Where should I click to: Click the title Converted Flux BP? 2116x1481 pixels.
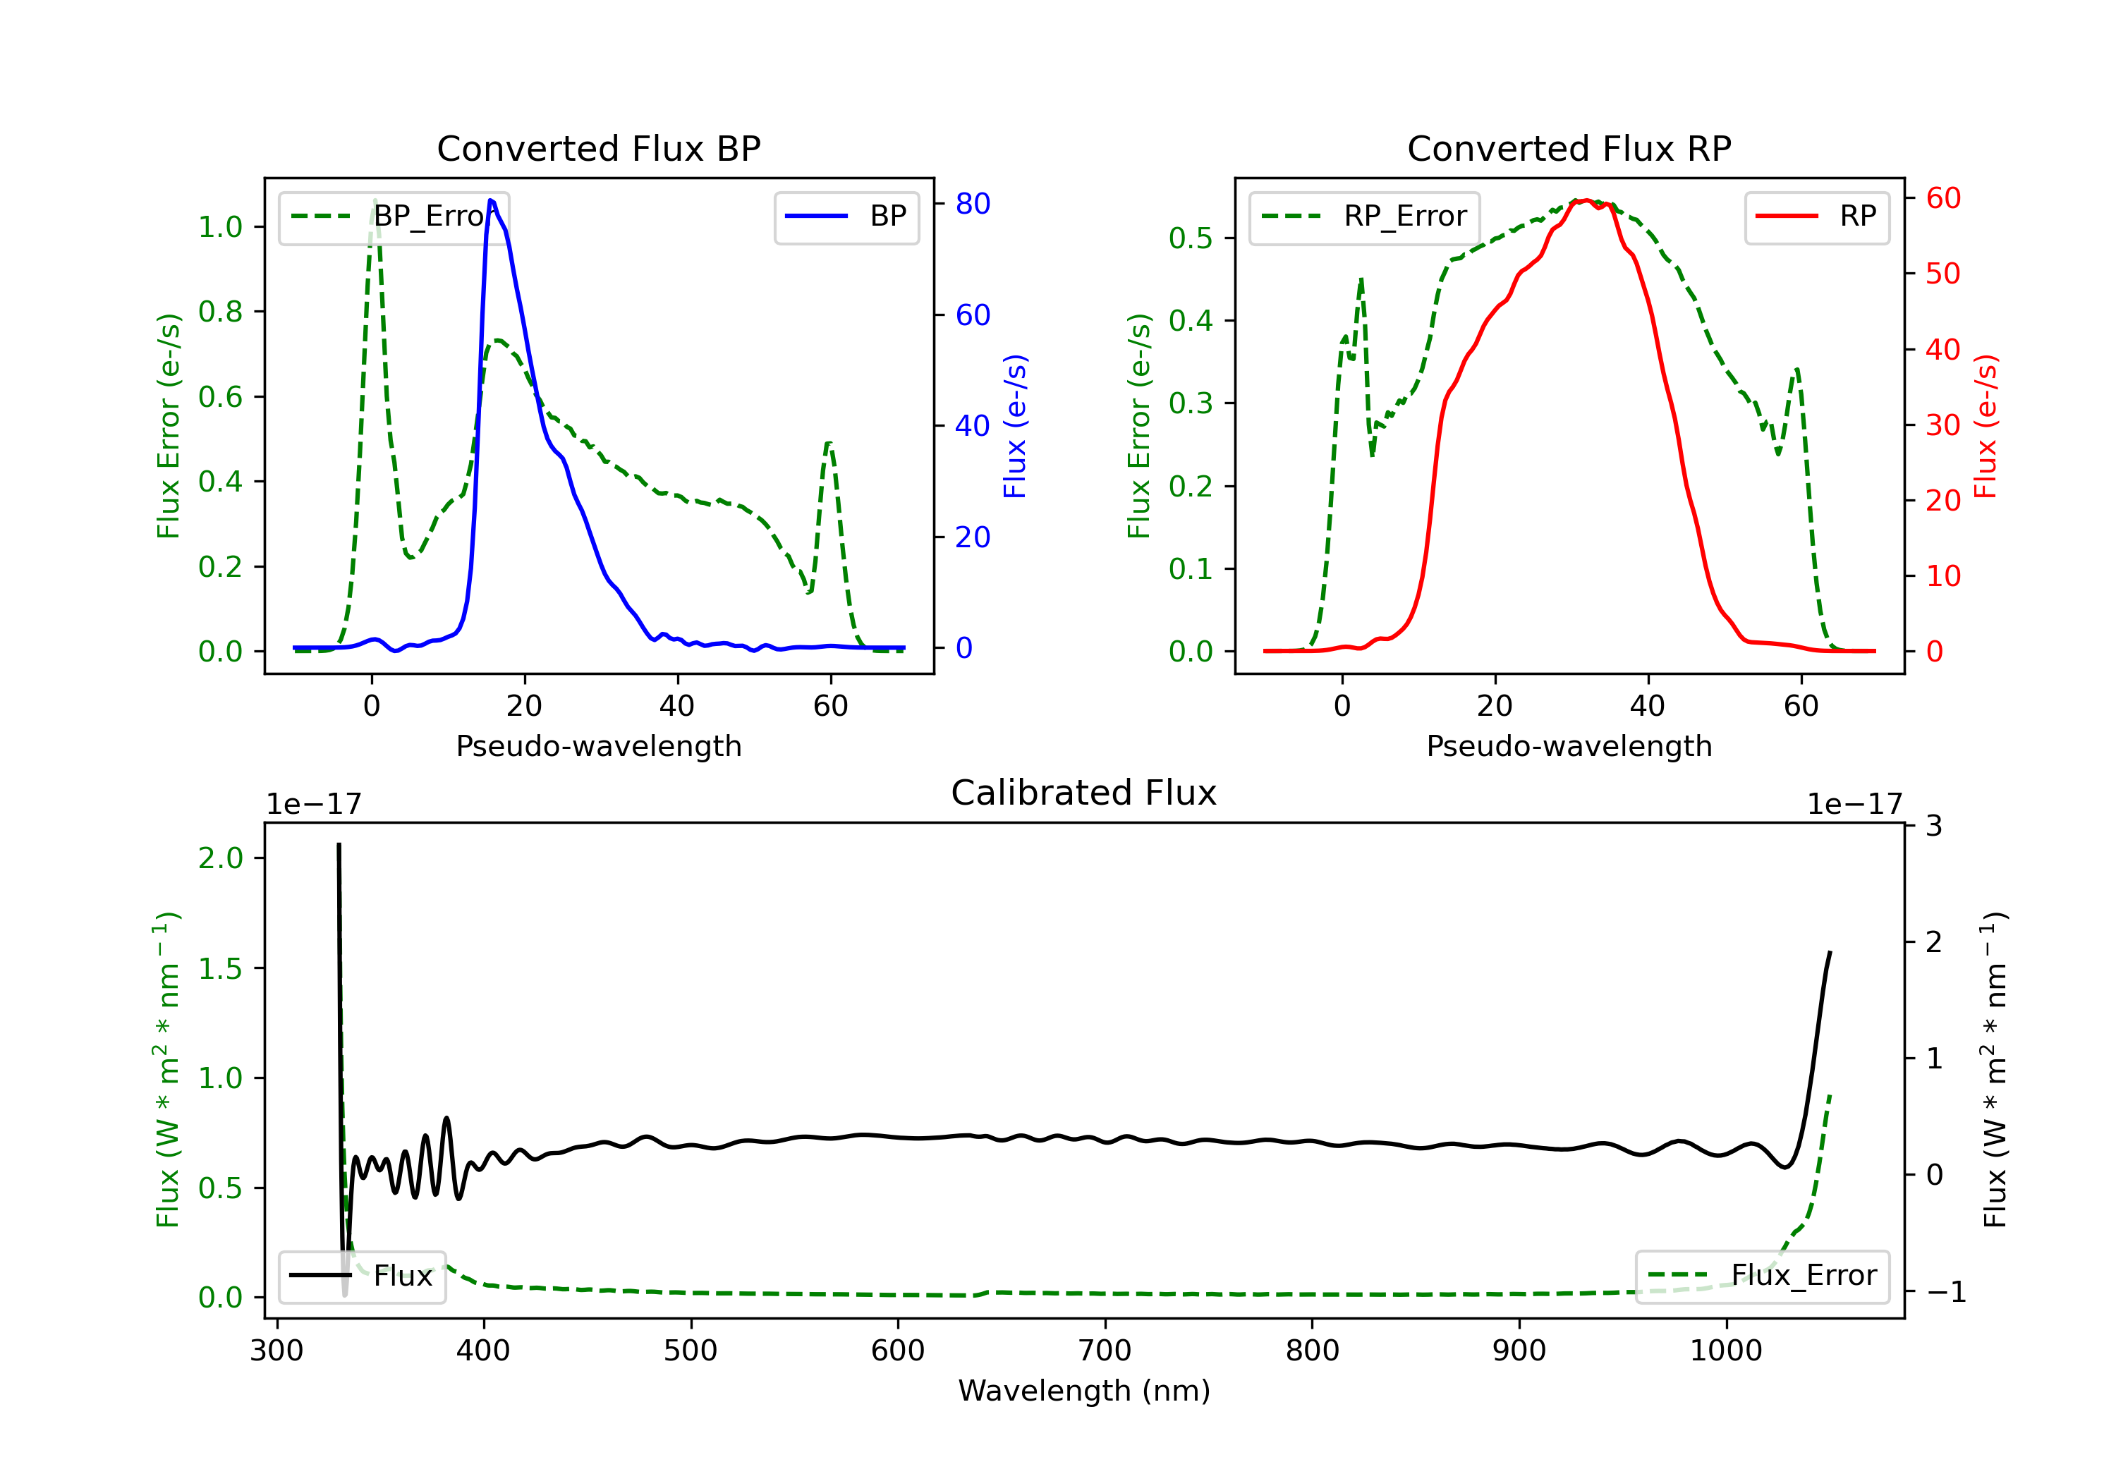(598, 148)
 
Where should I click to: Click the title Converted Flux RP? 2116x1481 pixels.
(1569, 148)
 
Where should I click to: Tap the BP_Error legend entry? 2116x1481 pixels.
(394, 217)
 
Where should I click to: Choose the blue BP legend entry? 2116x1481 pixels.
(846, 217)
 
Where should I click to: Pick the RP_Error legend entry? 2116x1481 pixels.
(1364, 217)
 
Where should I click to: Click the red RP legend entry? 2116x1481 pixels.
(1816, 217)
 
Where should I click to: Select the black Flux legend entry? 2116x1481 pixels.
(363, 1276)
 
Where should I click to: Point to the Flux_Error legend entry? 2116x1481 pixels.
(1761, 1276)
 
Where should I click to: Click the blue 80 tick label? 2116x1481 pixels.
(972, 204)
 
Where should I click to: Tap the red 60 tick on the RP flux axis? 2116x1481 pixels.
(1942, 198)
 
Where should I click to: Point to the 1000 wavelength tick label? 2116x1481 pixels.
(1725, 1351)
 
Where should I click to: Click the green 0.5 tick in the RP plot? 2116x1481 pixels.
(1190, 238)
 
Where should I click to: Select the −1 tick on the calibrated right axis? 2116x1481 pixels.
(1945, 1292)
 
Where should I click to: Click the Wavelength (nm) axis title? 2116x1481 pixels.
(1084, 1391)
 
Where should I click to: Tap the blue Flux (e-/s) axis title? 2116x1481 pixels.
(1015, 426)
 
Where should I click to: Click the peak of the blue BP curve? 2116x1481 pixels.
(491, 200)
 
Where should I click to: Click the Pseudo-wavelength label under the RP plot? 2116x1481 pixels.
(1569, 746)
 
